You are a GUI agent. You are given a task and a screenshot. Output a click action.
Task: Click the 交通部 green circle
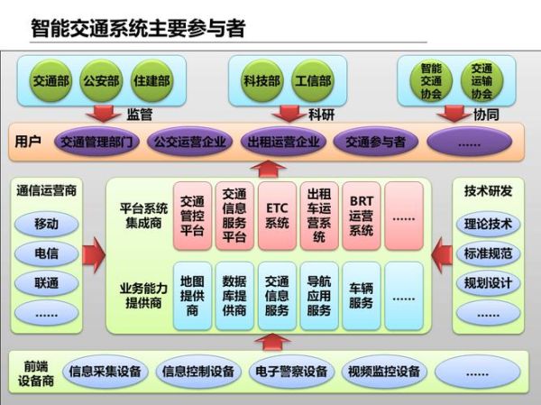click(51, 80)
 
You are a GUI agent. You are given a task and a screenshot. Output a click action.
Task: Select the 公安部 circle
click(100, 80)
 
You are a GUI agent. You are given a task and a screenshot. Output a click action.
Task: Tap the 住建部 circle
click(150, 80)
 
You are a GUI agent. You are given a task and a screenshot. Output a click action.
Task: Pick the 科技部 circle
click(261, 80)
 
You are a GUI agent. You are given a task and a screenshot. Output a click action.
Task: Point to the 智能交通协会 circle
click(431, 80)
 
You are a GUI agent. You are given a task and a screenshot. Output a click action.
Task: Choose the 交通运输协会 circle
click(481, 80)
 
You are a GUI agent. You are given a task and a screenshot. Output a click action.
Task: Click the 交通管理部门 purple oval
click(97, 142)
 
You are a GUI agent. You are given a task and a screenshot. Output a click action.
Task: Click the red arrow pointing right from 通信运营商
click(94, 255)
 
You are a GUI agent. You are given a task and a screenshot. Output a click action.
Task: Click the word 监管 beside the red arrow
click(139, 115)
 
